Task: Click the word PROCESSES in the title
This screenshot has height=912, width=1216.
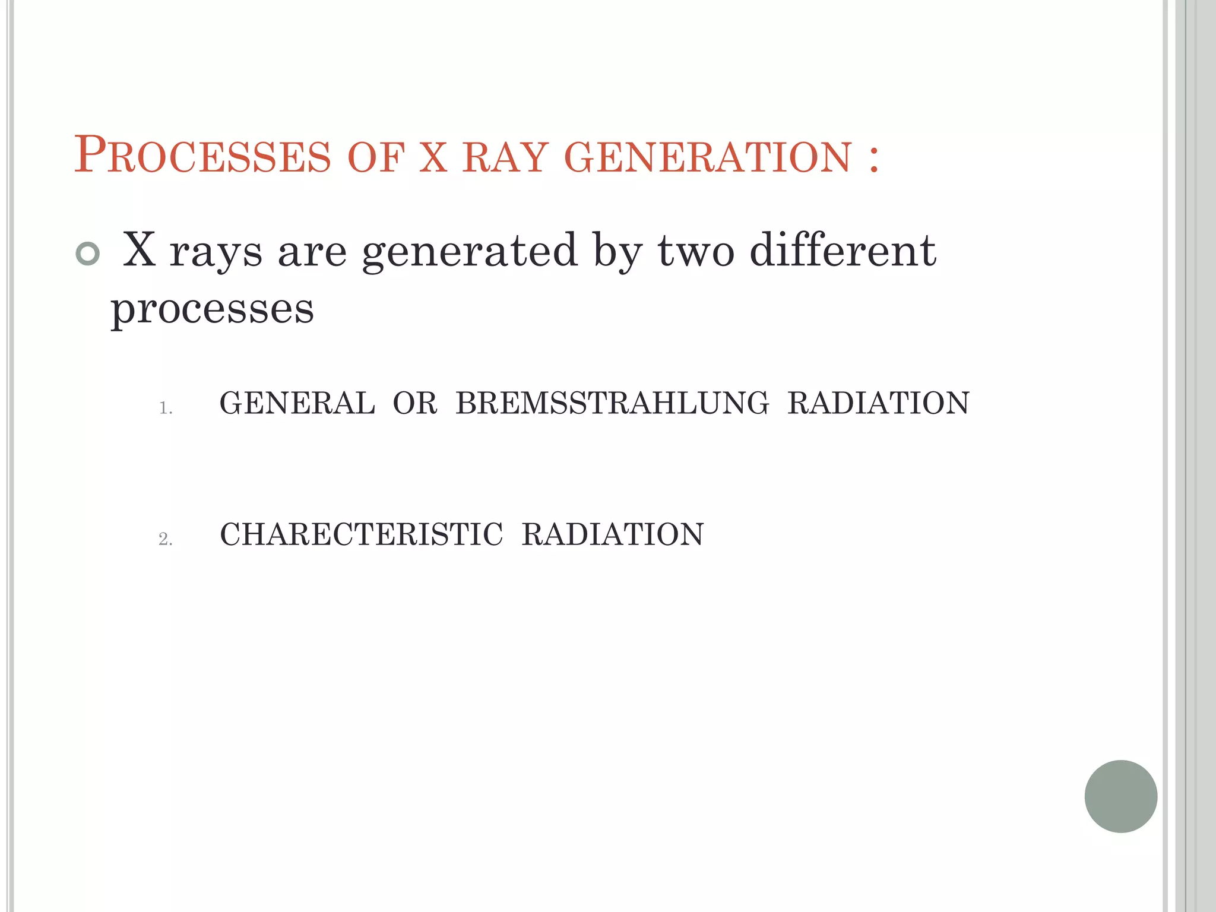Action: [202, 156]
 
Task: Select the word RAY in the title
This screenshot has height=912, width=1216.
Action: [504, 157]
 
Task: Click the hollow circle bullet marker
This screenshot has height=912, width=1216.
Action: [88, 254]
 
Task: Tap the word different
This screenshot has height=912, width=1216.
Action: [843, 251]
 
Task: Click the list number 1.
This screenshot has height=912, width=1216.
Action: [165, 408]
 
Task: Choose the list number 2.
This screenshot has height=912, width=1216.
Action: [165, 539]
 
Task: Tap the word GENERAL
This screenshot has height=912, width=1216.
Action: [297, 403]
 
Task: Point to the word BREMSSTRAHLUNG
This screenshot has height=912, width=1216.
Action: [612, 403]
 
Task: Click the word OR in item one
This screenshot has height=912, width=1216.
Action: [415, 403]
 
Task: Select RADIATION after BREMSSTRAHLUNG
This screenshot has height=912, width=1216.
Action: [878, 403]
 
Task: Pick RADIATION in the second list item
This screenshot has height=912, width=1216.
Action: [613, 534]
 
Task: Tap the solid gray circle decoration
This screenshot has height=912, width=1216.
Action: [1120, 796]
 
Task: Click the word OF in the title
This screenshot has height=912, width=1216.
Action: [376, 157]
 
